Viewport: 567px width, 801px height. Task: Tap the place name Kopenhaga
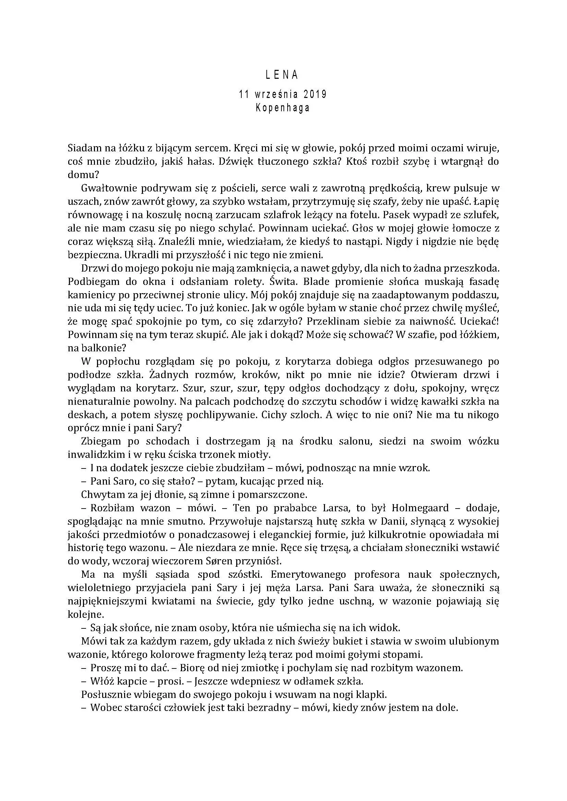point(283,108)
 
